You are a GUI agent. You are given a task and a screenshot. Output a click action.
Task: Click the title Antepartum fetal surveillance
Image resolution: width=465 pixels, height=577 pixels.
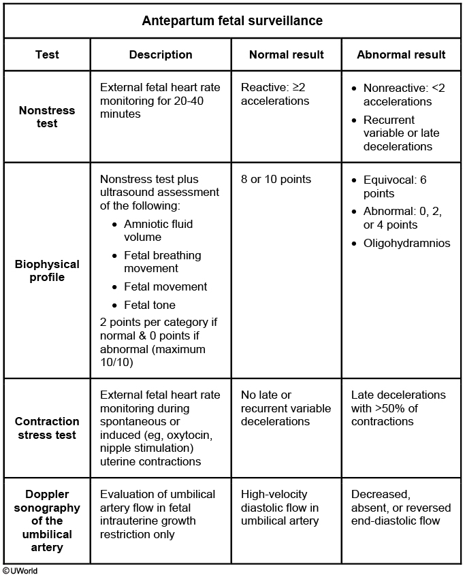(232, 20)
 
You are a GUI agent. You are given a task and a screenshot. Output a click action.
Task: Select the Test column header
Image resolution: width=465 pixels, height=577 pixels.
(46, 54)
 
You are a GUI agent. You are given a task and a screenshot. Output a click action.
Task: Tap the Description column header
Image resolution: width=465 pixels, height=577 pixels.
(161, 54)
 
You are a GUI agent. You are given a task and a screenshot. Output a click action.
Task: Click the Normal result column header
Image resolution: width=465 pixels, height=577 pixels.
(286, 54)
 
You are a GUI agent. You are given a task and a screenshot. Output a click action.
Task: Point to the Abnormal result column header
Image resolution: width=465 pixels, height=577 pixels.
(401, 54)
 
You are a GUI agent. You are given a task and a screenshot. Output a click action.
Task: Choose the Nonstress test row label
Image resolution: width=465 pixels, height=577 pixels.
(46, 117)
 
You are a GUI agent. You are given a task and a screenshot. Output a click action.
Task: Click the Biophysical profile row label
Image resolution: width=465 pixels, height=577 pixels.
(46, 271)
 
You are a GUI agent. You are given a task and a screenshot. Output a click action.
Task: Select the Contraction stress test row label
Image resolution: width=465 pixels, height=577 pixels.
(46, 428)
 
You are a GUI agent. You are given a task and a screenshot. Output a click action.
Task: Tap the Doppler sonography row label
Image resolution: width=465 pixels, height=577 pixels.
(46, 521)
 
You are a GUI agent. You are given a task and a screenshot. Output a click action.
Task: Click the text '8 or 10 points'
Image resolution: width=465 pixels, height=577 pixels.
(276, 180)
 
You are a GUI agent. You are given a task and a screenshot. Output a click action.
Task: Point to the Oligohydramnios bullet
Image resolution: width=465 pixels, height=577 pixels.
(406, 243)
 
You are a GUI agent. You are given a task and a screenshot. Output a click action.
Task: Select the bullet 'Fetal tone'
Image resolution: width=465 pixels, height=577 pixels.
(150, 305)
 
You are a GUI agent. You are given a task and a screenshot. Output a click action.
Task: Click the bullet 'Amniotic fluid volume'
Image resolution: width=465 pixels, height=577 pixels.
(158, 231)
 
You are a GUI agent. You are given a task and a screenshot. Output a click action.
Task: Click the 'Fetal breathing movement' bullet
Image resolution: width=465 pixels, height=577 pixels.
(162, 262)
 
